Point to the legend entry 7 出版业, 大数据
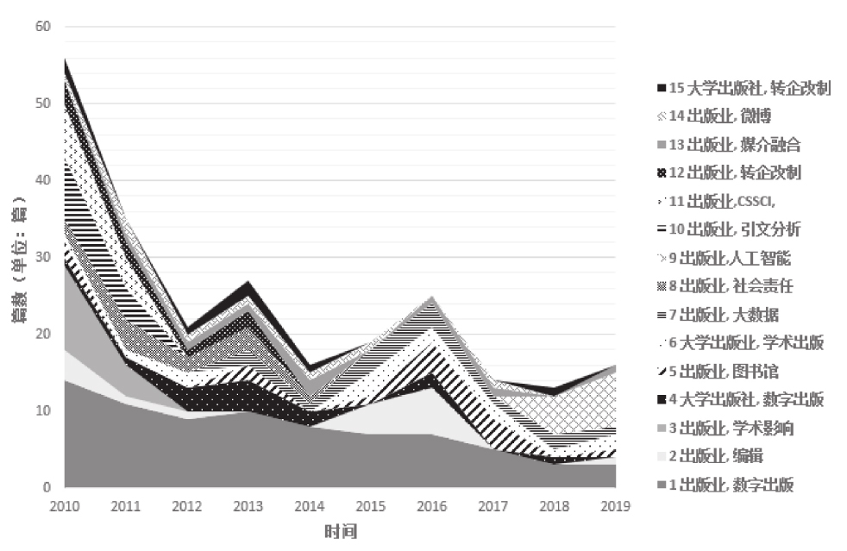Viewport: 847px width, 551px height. point(720,315)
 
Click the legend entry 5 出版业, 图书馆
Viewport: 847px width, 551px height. point(720,372)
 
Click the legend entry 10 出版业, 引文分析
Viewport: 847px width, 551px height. point(728,229)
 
